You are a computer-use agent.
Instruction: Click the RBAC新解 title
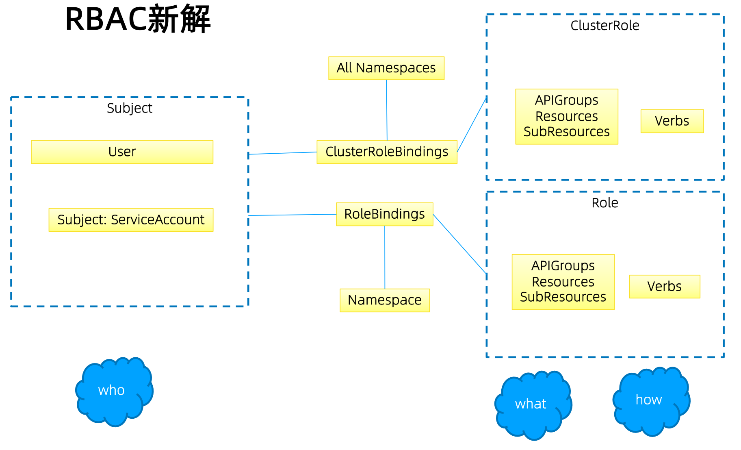click(138, 19)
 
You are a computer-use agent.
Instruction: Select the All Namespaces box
click(386, 68)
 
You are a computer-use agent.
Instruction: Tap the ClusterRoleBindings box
click(386, 152)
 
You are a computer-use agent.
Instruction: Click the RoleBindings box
click(384, 214)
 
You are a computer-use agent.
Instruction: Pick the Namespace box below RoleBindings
click(384, 300)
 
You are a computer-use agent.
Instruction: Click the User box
click(122, 152)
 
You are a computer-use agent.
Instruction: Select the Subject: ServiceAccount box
click(131, 220)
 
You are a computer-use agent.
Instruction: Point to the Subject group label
click(129, 108)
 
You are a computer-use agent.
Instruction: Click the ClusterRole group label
click(604, 26)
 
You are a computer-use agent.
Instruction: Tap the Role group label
click(604, 203)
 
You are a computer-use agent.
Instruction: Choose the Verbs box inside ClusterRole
click(672, 121)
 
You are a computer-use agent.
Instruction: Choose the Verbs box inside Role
click(664, 286)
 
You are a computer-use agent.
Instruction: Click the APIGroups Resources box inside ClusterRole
click(566, 116)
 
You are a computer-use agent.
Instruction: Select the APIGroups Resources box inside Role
click(563, 282)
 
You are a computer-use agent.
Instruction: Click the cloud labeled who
click(112, 391)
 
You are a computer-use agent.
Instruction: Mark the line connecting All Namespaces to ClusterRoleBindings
click(387, 110)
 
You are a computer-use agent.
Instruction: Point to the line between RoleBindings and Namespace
click(385, 257)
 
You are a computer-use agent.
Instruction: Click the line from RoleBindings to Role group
click(459, 243)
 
